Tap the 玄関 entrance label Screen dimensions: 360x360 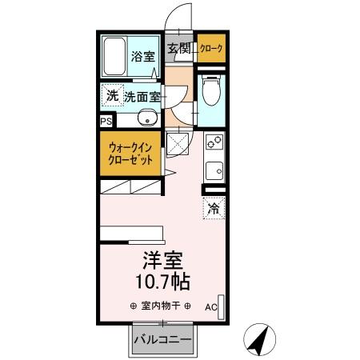[178, 48]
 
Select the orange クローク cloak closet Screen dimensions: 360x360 [211, 49]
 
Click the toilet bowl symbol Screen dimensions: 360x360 [211, 94]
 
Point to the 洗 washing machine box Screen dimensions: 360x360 [111, 96]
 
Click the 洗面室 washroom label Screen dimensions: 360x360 [141, 97]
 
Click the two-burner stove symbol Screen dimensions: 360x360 [214, 143]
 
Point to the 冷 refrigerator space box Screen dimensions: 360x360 [214, 209]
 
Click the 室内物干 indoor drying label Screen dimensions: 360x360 [160, 306]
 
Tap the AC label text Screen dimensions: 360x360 [210, 306]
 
